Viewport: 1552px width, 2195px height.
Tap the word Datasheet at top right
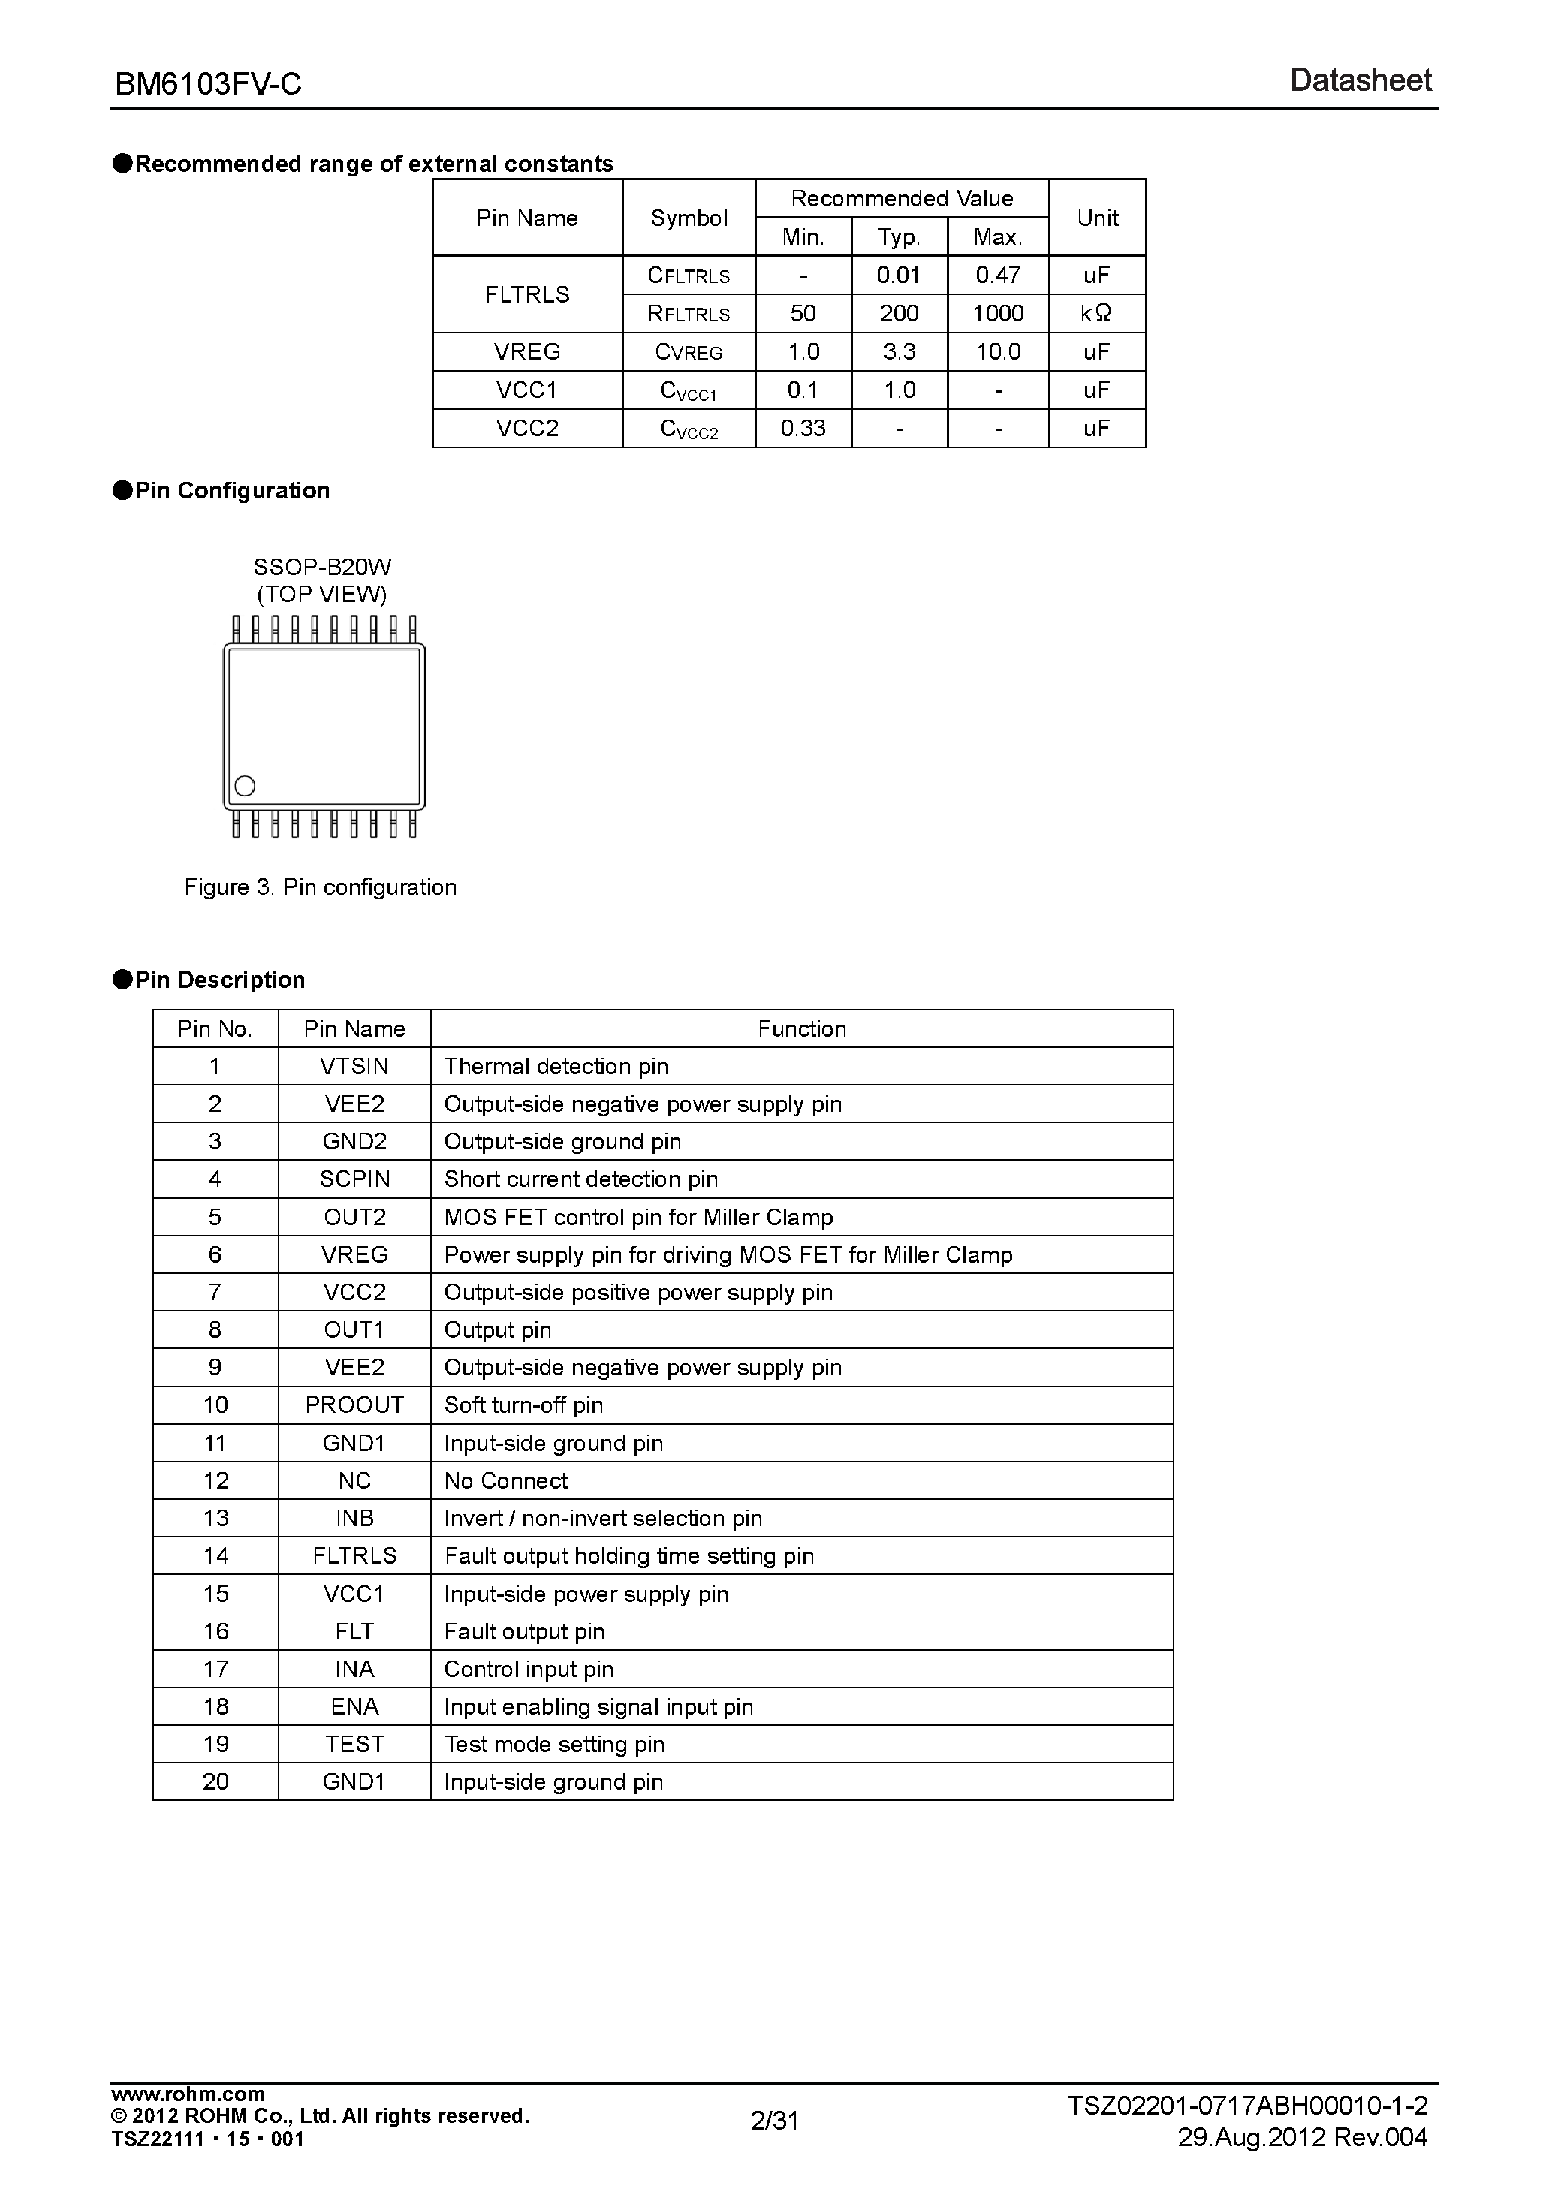point(1360,80)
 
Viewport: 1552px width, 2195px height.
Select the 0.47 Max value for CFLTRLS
point(997,276)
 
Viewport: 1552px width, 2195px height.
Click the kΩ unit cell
point(1096,314)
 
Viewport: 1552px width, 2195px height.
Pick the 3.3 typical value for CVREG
point(899,352)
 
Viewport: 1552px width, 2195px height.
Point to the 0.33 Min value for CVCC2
point(803,429)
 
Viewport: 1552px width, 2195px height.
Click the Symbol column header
point(689,218)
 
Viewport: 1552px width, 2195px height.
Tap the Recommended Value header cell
point(902,199)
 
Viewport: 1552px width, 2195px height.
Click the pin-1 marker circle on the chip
point(245,786)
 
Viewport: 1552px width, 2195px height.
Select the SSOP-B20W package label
point(322,567)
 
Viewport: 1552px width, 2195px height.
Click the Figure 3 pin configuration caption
point(321,887)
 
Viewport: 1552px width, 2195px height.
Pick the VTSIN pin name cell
point(354,1066)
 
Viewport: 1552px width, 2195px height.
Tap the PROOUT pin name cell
point(354,1405)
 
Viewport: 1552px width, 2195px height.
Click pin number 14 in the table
point(215,1555)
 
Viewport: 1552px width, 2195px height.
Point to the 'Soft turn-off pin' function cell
point(524,1405)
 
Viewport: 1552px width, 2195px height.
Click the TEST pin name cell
point(354,1744)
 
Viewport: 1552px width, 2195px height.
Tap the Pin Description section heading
point(219,980)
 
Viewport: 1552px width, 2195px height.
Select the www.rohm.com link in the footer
point(188,2094)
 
